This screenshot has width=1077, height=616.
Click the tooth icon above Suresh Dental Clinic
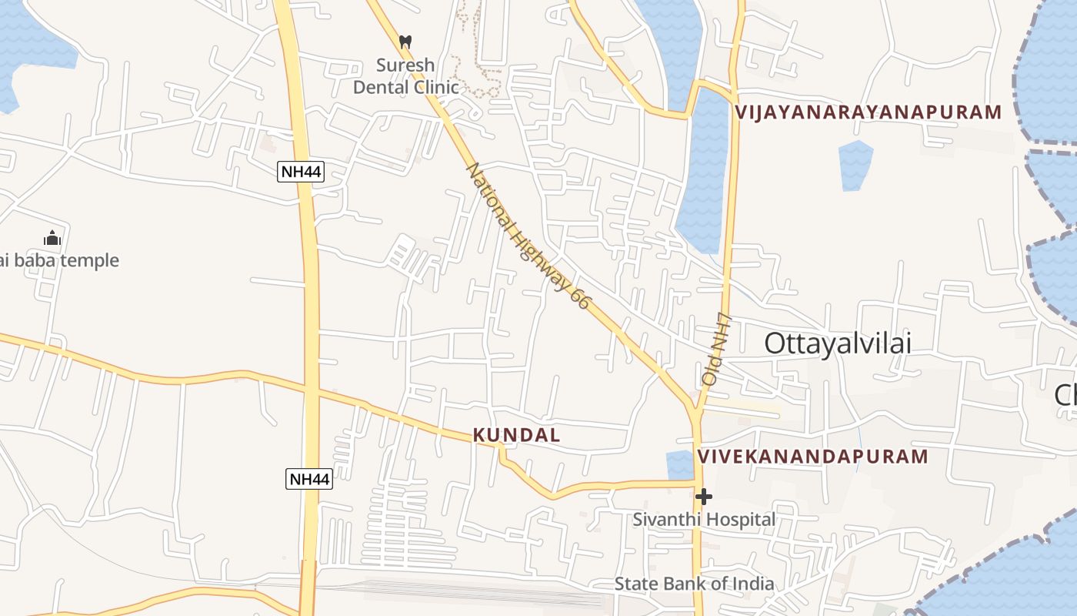(405, 42)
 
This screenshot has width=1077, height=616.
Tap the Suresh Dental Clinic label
(405, 76)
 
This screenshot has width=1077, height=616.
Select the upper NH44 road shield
(301, 172)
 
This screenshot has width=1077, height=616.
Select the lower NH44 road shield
(309, 479)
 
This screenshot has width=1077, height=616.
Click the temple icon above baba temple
(52, 238)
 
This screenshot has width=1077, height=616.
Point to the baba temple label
(60, 260)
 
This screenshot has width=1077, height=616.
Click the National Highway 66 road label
(528, 236)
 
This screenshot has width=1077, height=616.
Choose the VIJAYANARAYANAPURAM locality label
(869, 112)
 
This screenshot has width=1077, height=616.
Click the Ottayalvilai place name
(838, 343)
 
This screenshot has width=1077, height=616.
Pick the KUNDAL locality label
(516, 435)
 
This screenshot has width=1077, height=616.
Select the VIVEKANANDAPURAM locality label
(813, 457)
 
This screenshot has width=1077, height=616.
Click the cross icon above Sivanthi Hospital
(703, 497)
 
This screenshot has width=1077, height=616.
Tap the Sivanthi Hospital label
(704, 520)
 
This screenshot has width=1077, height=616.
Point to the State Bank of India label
(694, 584)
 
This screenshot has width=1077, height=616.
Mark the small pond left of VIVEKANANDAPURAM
(679, 464)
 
